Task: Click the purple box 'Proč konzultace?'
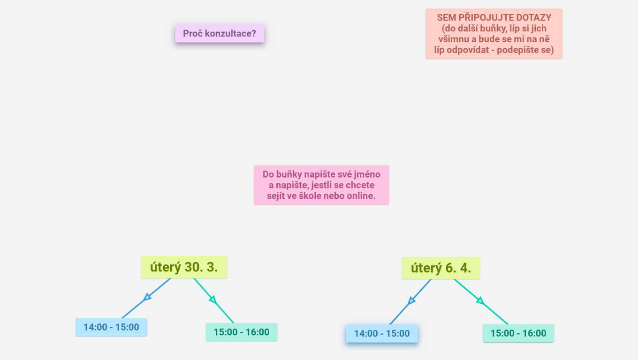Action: coord(220,34)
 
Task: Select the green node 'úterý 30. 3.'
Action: coord(184,267)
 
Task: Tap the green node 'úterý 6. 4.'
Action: coord(441,268)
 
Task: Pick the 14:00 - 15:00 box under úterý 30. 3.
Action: coord(111,327)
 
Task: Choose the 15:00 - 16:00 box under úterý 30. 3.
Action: coord(241,332)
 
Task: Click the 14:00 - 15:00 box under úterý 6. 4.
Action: coord(382,334)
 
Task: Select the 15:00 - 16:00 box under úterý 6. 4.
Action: coord(518,333)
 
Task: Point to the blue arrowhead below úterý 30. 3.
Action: coord(147,297)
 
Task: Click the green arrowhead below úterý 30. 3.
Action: coord(213,300)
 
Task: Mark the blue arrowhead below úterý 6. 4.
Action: coord(411,300)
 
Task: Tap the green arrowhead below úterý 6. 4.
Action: coord(480,300)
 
